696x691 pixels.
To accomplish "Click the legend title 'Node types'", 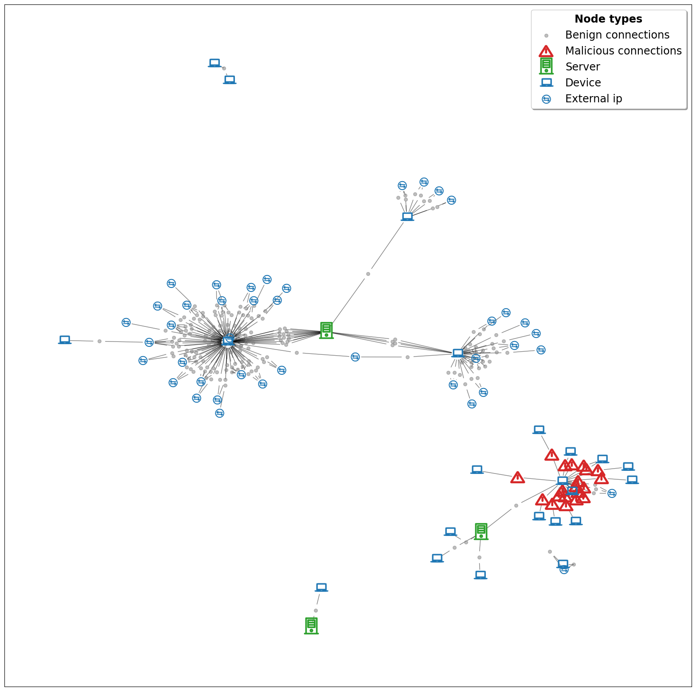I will pyautogui.click(x=608, y=19).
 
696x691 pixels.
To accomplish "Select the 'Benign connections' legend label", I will pyautogui.click(x=617, y=35).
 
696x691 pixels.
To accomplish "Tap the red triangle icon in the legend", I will pyautogui.click(x=546, y=51).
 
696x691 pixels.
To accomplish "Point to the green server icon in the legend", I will pyautogui.click(x=546, y=66).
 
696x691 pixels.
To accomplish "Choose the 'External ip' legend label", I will pyautogui.click(x=594, y=99).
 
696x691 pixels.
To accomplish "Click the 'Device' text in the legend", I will pyautogui.click(x=583, y=83).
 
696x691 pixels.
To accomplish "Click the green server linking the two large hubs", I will pyautogui.click(x=326, y=330).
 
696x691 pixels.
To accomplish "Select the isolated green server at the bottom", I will pyautogui.click(x=311, y=625).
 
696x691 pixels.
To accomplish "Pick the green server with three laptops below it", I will pyautogui.click(x=481, y=531).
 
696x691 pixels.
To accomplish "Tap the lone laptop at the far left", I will pyautogui.click(x=65, y=340).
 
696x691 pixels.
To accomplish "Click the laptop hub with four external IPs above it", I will pyautogui.click(x=407, y=217).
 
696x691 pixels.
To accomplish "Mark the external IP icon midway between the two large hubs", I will pyautogui.click(x=355, y=357).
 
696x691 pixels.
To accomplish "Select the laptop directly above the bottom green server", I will pyautogui.click(x=321, y=587).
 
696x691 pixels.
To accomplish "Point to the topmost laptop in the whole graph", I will pyautogui.click(x=215, y=63).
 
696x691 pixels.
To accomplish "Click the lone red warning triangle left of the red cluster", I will pyautogui.click(x=517, y=477).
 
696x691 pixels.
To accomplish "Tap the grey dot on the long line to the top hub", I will pyautogui.click(x=368, y=274).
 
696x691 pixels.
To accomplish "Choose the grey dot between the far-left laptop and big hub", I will pyautogui.click(x=99, y=341).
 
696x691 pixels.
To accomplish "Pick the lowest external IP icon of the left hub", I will pyautogui.click(x=219, y=413).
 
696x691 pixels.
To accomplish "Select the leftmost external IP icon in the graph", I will pyautogui.click(x=126, y=322).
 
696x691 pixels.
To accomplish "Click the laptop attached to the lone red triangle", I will pyautogui.click(x=477, y=470).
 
